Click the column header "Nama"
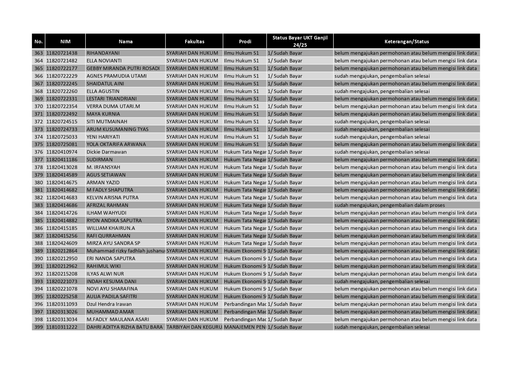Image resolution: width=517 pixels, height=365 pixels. click(126, 42)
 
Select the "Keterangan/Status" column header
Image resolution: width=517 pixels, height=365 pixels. click(406, 42)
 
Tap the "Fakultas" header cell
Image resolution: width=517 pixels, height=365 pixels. click(194, 42)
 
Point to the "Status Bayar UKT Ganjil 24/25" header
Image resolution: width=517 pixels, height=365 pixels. click(300, 41)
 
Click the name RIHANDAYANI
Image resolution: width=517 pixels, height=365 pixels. click(103, 53)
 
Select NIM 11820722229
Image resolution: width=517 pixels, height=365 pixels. click(62, 76)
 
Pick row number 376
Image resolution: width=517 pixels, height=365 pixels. click(39, 152)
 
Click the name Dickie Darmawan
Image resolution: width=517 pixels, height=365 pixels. click(106, 152)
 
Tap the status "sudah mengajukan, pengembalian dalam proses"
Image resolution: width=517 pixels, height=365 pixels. click(389, 205)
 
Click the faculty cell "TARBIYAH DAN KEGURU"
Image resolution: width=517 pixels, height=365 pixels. click(194, 327)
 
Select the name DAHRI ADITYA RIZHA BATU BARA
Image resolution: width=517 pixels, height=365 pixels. click(124, 327)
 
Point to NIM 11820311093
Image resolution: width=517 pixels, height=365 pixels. click(62, 304)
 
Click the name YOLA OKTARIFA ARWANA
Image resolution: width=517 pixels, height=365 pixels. click(116, 145)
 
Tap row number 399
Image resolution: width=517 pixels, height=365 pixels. click(39, 327)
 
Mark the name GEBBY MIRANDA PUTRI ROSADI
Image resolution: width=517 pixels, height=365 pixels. click(123, 68)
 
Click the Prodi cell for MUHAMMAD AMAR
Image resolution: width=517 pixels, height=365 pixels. click(245, 312)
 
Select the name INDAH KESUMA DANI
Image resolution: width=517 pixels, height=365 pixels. click(111, 281)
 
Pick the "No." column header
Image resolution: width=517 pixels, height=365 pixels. click(39, 42)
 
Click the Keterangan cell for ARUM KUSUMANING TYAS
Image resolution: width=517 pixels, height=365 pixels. click(382, 129)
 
